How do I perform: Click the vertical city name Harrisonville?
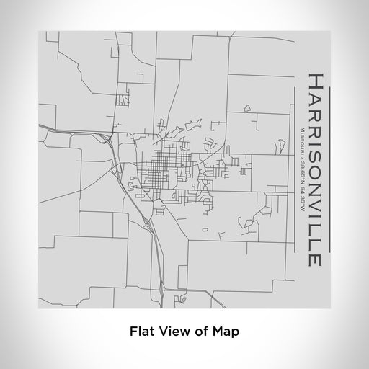pyautogui.click(x=314, y=169)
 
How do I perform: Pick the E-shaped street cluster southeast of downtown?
pyautogui.click(x=222, y=235)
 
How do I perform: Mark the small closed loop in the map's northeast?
pyautogui.click(x=246, y=108)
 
